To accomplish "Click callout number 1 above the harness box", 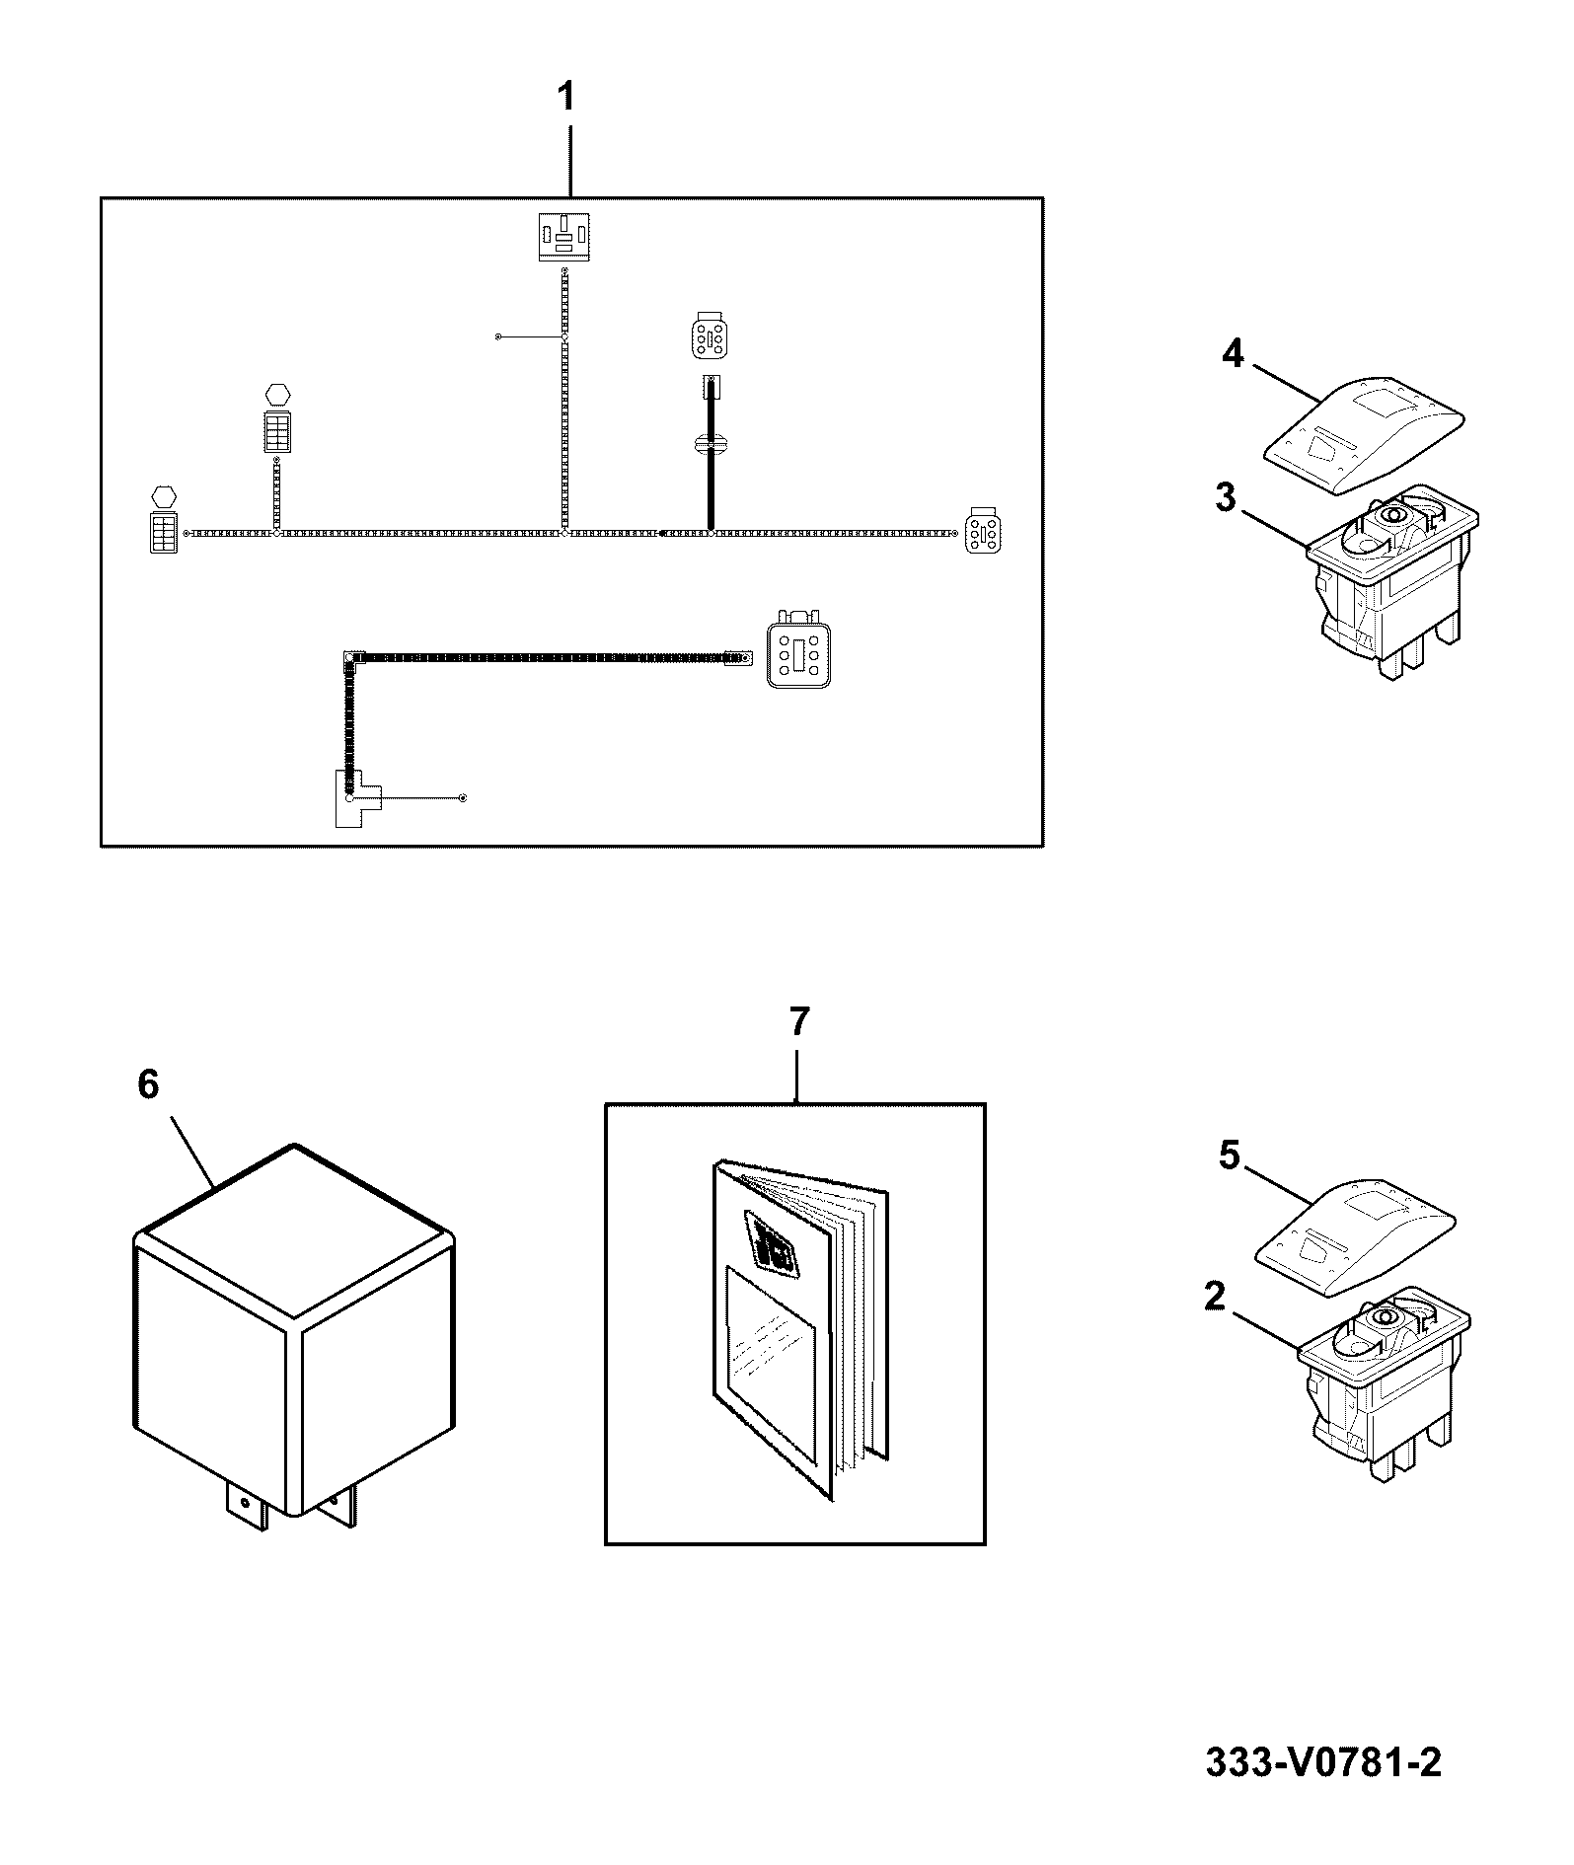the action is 565,99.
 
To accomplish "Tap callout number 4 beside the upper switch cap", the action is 1233,353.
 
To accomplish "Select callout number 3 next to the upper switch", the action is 1225,498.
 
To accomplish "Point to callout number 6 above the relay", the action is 147,1085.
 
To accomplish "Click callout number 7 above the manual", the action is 798,1022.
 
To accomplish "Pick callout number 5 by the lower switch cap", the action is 1229,1155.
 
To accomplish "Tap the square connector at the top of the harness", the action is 564,237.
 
